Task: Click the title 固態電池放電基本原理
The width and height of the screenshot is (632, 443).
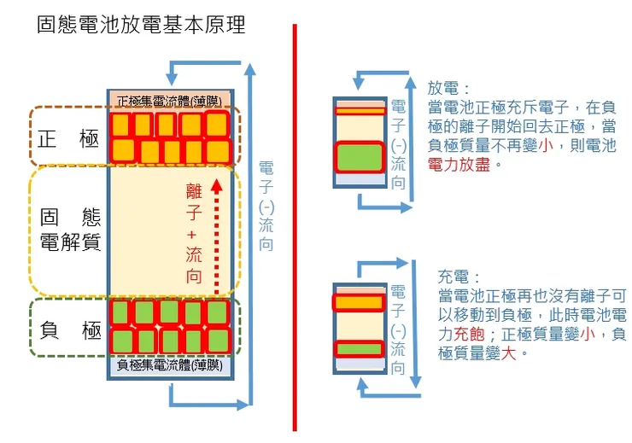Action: point(141,26)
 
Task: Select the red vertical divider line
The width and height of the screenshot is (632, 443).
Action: point(295,226)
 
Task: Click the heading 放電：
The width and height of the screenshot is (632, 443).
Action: point(449,89)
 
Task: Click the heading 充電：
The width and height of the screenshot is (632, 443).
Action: point(459,277)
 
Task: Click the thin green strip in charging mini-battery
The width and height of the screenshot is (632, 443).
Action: point(358,348)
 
